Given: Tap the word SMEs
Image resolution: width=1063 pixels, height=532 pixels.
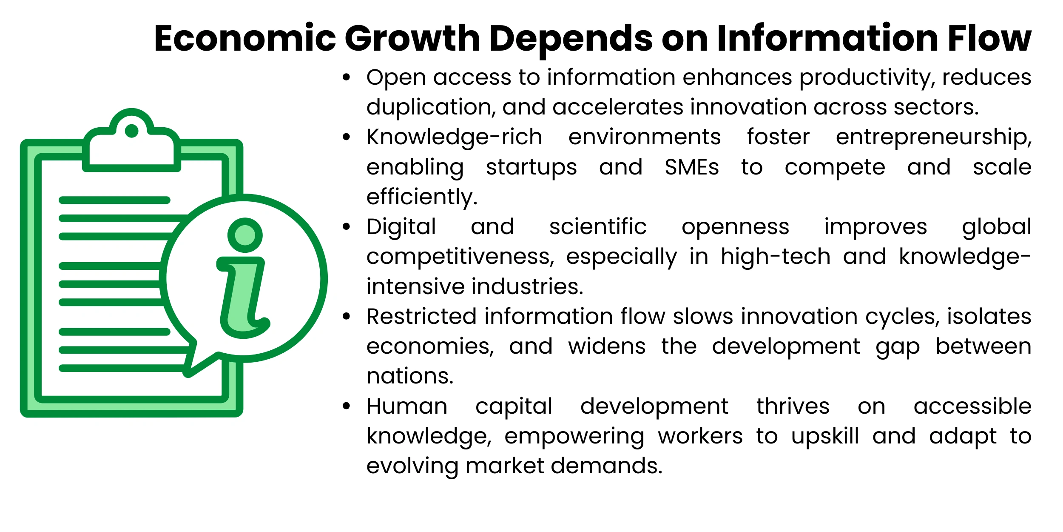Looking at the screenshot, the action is tap(691, 167).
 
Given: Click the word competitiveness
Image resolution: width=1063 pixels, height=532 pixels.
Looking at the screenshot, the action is tap(460, 257).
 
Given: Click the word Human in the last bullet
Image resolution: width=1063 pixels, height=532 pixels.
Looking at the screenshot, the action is tap(407, 406).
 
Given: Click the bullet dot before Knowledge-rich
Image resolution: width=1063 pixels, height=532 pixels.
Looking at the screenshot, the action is tap(347, 137).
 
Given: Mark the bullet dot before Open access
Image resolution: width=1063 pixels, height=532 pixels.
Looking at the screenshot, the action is tap(347, 77).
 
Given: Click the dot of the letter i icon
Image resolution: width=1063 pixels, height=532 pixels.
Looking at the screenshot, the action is tap(245, 235).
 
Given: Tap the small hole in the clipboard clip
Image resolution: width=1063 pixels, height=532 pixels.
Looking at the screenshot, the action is tap(132, 131).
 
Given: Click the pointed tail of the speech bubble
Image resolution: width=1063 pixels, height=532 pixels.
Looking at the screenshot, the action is tap(188, 373).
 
